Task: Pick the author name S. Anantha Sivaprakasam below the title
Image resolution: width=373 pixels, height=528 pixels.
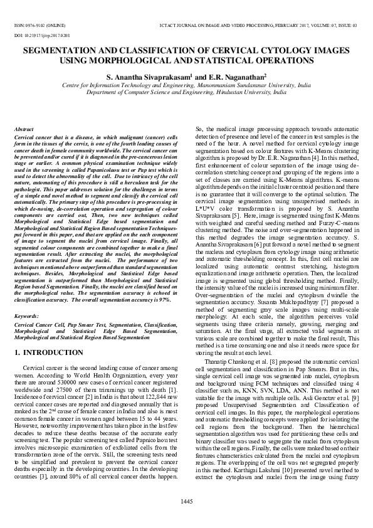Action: [x=148, y=77]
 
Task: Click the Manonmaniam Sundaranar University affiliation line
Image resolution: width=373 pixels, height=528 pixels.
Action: [x=186, y=85]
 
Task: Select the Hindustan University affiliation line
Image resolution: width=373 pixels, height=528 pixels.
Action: [x=186, y=92]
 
